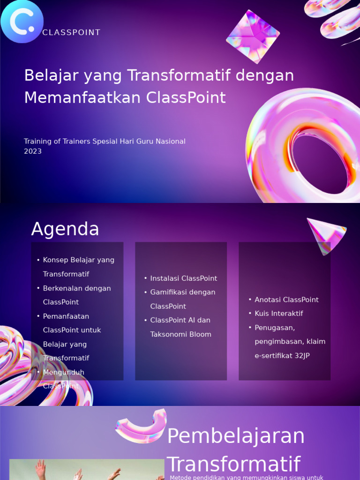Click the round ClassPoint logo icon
[x=22, y=22]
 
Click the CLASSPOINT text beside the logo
[x=71, y=33]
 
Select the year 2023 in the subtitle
[x=33, y=151]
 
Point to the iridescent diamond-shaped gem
[x=253, y=37]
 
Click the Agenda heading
[x=65, y=229]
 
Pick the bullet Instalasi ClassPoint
[x=183, y=278]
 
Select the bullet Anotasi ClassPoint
[x=286, y=300]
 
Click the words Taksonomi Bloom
[x=180, y=335]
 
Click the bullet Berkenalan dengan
[x=77, y=288]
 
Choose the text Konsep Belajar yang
[x=78, y=260]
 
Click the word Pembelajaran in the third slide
[x=236, y=436]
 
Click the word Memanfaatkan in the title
[x=82, y=98]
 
